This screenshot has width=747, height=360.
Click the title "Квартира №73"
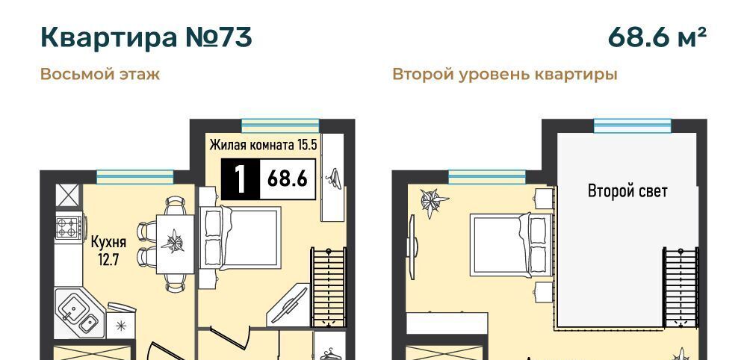coord(146,37)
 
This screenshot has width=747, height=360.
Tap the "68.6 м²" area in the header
coord(657,37)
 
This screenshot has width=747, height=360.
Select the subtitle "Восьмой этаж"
coord(100,75)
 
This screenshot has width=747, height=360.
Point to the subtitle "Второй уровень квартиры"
coord(504,75)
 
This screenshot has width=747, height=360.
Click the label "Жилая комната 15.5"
coord(264,145)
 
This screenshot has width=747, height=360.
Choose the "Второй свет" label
coord(627,191)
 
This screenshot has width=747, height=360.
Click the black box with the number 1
coord(241,179)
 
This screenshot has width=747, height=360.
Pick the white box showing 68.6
coord(288,179)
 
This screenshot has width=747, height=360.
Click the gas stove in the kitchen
coord(67,227)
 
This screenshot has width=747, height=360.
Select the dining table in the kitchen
coord(176,244)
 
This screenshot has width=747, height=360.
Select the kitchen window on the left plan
coord(134,177)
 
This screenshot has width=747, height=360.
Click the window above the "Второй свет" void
coord(632,125)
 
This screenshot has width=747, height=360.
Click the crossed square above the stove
coord(66,195)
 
